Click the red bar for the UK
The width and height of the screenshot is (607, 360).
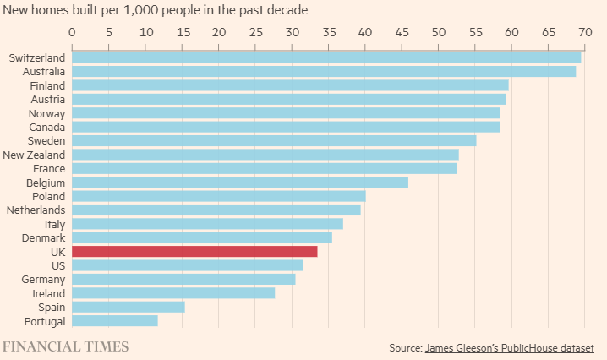tap(194, 251)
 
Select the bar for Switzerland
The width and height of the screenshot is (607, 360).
tap(326, 57)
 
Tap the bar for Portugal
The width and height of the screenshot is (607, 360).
tap(115, 320)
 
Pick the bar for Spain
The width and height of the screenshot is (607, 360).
tap(129, 307)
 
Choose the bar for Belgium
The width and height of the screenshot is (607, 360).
tap(240, 182)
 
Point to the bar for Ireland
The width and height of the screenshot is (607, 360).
tap(173, 292)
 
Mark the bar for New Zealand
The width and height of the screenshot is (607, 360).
tap(265, 155)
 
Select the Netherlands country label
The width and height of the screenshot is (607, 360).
tap(36, 210)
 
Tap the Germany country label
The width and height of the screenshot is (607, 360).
tap(43, 279)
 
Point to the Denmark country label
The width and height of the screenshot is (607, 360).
tap(42, 237)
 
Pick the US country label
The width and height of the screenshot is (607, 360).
tap(57, 265)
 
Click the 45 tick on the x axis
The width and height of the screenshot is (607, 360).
tap(402, 32)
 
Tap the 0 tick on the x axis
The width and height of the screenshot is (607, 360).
tap(72, 32)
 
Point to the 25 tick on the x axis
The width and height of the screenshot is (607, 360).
tap(255, 32)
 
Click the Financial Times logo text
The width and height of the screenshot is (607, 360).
tap(65, 346)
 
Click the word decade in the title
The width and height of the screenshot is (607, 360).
tap(288, 10)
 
